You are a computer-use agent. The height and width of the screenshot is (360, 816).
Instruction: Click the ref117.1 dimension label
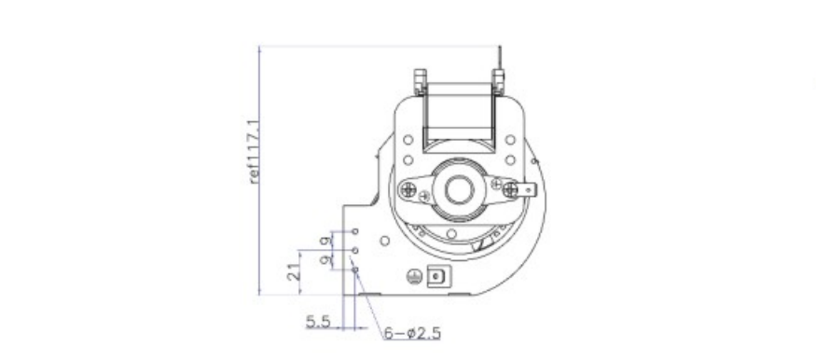[x=254, y=152]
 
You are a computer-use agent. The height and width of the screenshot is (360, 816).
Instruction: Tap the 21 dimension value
[x=294, y=271]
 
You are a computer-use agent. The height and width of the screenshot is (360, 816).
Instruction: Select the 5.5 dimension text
[x=318, y=322]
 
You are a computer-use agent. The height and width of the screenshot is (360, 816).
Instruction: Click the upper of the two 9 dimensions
[x=325, y=241]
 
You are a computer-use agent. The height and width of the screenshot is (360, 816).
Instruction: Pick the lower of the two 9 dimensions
[x=325, y=259]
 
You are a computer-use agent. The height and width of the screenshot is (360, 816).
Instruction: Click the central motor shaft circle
[x=459, y=189]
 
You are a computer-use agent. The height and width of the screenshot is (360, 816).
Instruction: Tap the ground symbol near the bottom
[x=414, y=277]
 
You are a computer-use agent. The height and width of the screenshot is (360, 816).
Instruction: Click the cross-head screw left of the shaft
[x=408, y=188]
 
